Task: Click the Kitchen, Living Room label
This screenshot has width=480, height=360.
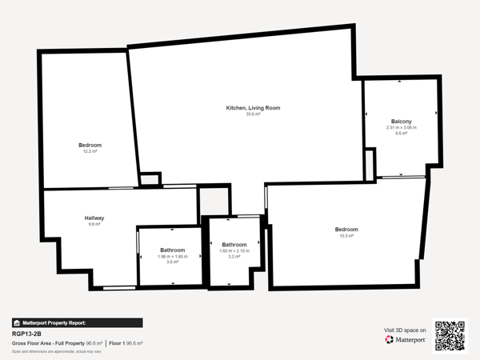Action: coord(253,108)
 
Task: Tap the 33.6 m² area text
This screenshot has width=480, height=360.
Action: coord(253,114)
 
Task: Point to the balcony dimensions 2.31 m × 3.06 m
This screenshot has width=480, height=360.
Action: coord(402,128)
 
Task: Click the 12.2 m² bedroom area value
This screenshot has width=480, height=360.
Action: coord(90,151)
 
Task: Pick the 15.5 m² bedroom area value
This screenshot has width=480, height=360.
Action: coord(346,236)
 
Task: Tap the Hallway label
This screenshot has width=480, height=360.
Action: coord(94,218)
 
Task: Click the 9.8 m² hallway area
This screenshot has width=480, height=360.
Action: coord(94,225)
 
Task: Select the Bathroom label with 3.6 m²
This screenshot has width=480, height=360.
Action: coord(172,250)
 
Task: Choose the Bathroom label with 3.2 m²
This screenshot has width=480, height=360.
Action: coord(234,245)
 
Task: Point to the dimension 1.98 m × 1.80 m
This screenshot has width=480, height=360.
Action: coord(172,256)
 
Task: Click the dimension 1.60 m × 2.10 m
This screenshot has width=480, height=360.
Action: coord(234,251)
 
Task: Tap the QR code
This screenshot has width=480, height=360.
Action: coord(449,336)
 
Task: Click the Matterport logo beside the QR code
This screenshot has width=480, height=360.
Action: coord(407,339)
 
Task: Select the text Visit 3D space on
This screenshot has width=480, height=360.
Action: coord(405,330)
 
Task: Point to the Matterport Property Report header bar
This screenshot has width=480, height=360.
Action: coord(77,322)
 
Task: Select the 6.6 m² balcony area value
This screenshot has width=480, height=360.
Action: coord(402,134)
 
